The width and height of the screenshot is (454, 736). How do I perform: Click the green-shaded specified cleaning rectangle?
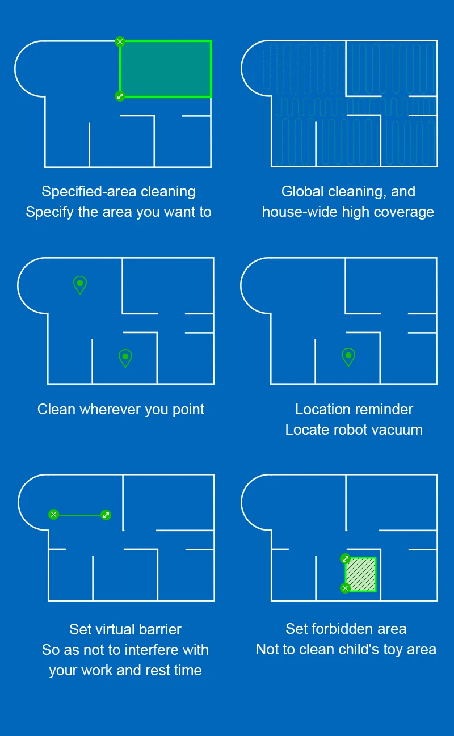166,69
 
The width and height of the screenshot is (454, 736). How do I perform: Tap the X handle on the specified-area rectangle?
120,41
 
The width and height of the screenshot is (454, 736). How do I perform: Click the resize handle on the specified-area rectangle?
120,96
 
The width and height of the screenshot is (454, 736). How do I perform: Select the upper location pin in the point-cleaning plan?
80,284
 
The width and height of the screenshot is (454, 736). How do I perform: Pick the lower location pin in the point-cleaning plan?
125,357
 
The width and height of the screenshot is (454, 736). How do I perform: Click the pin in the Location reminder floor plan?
348,356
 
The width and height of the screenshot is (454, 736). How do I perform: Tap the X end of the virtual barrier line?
53,515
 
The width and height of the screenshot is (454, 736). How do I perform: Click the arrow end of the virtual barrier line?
106,515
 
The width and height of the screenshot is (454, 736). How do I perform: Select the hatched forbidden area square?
361,574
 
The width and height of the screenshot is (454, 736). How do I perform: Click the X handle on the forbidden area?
345,588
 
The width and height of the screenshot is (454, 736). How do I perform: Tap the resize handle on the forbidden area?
345,559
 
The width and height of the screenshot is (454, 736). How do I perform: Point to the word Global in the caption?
302,192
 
